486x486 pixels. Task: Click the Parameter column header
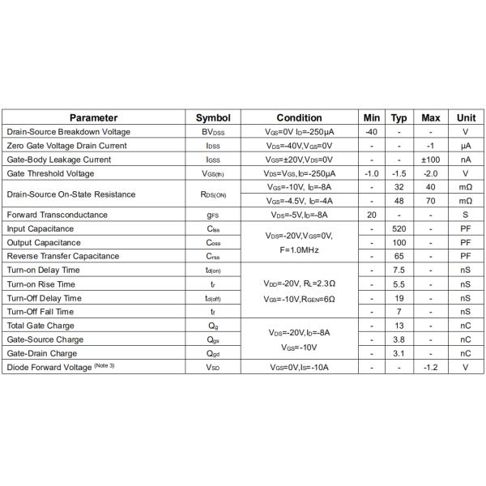pos(93,117)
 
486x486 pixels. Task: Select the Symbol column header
pos(213,117)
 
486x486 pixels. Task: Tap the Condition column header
pos(299,117)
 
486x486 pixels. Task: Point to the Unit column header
pos(466,117)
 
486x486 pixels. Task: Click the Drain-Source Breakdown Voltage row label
pos(68,131)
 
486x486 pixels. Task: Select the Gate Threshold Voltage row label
pos(50,173)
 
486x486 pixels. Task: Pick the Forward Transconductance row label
pos(57,215)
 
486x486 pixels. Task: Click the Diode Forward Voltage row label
pos(61,367)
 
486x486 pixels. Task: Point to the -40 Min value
pos(371,131)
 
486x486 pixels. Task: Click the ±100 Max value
pos(431,160)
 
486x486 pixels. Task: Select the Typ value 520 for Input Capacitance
pos(399,228)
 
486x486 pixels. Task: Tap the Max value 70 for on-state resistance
pos(431,200)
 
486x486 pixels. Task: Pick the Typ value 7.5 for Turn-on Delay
pos(399,270)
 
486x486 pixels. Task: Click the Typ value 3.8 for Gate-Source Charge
pos(399,339)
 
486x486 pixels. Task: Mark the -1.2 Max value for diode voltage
pos(431,367)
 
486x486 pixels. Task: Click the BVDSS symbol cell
pos(213,131)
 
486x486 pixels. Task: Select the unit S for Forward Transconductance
pos(466,215)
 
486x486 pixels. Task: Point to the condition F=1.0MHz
pos(299,250)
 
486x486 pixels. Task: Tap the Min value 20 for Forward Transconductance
pos(371,215)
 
